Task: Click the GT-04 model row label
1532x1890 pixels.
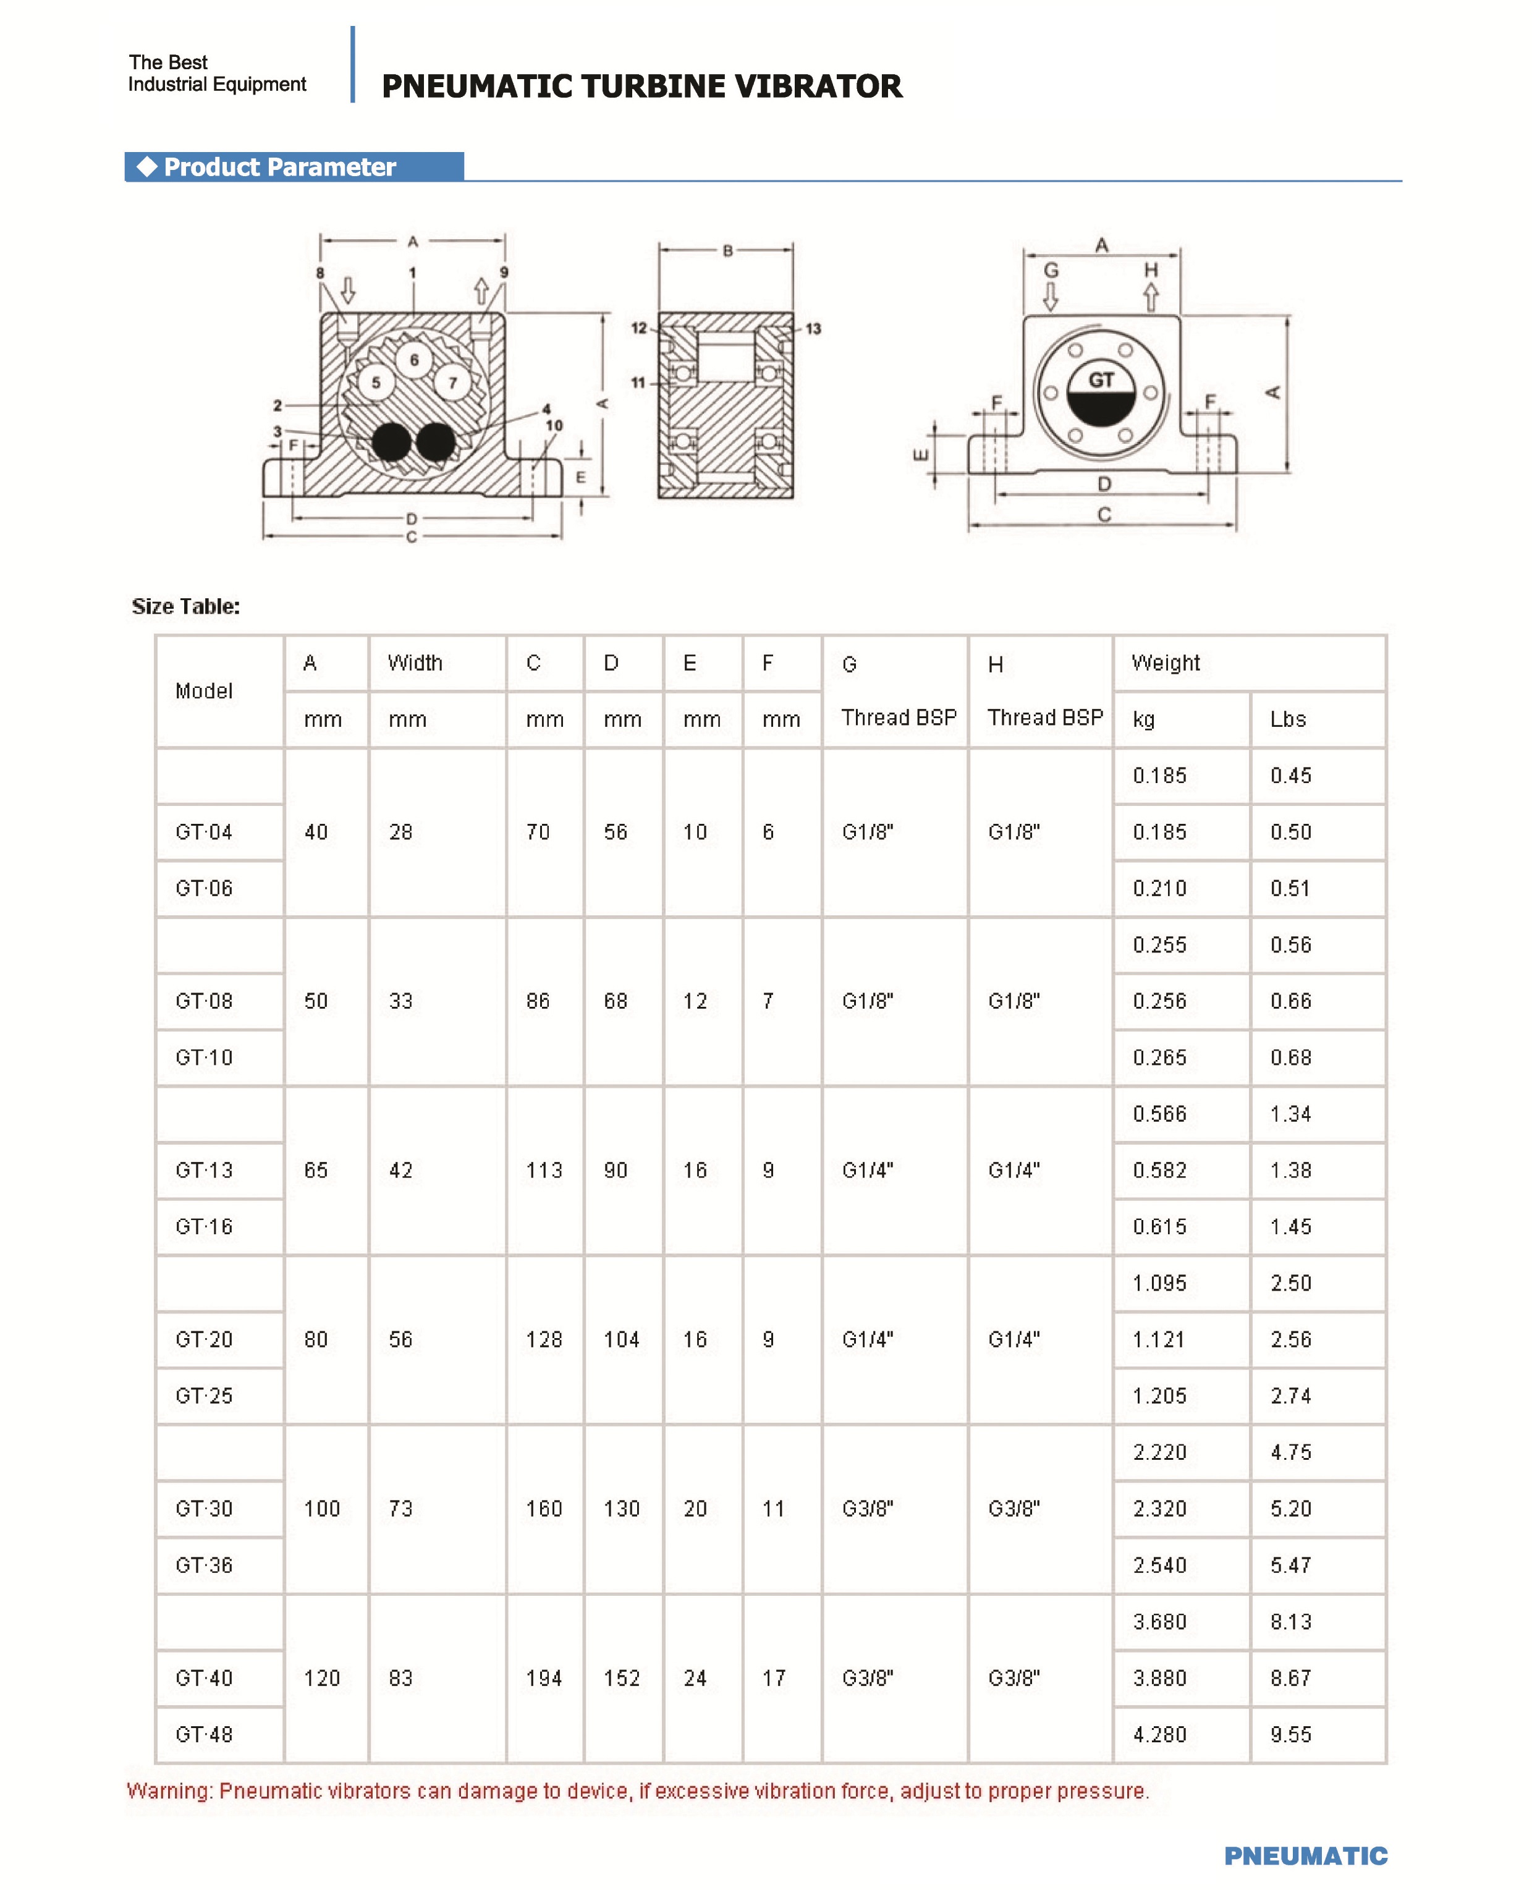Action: pos(204,832)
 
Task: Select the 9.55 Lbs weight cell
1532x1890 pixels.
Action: pos(1290,1735)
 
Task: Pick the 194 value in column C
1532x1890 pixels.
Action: pos(544,1678)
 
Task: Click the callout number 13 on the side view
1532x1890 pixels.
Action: pos(813,329)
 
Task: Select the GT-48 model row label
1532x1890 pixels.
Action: pos(204,1735)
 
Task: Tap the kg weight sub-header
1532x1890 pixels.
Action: pos(1144,719)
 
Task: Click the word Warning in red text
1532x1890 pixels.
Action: pos(169,1791)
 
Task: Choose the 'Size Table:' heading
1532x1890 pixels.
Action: pos(185,606)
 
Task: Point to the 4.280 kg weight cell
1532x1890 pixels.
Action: pos(1159,1735)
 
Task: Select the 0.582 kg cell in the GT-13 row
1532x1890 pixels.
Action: pos(1159,1170)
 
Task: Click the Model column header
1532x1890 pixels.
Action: pos(204,691)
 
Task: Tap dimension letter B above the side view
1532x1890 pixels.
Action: pos(727,250)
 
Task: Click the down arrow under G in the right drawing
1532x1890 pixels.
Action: pos(1050,297)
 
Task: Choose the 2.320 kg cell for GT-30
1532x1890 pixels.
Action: pos(1159,1509)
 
